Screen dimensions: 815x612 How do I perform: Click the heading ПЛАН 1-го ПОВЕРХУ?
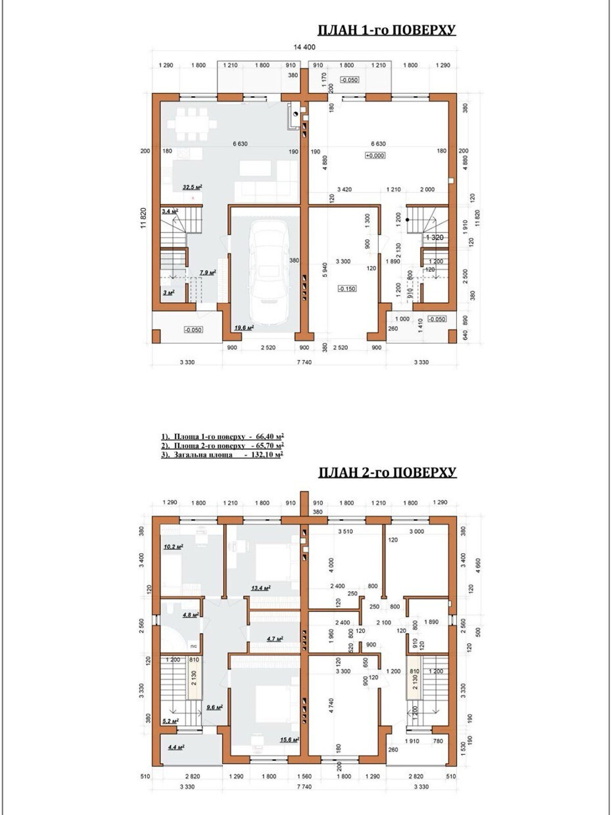[x=387, y=30]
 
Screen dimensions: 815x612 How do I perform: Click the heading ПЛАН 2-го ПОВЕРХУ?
[x=387, y=473]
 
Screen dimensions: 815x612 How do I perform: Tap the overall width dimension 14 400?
[x=304, y=47]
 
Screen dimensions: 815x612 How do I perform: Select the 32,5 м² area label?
[x=193, y=187]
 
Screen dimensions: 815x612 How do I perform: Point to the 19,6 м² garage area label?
[x=244, y=328]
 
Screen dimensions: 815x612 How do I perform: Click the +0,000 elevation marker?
[x=375, y=155]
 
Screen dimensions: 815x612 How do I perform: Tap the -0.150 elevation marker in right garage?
[x=347, y=288]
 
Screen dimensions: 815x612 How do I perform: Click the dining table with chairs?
[x=192, y=123]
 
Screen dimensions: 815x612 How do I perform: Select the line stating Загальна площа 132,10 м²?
[x=222, y=455]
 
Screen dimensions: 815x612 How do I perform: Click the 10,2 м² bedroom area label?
[x=173, y=547]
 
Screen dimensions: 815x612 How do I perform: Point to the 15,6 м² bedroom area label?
[x=289, y=740]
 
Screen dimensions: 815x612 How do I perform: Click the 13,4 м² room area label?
[x=261, y=587]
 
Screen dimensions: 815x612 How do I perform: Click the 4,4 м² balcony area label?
[x=175, y=747]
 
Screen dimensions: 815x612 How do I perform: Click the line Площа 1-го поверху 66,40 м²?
[x=222, y=437]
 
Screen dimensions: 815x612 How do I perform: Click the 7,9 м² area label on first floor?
[x=207, y=273]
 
